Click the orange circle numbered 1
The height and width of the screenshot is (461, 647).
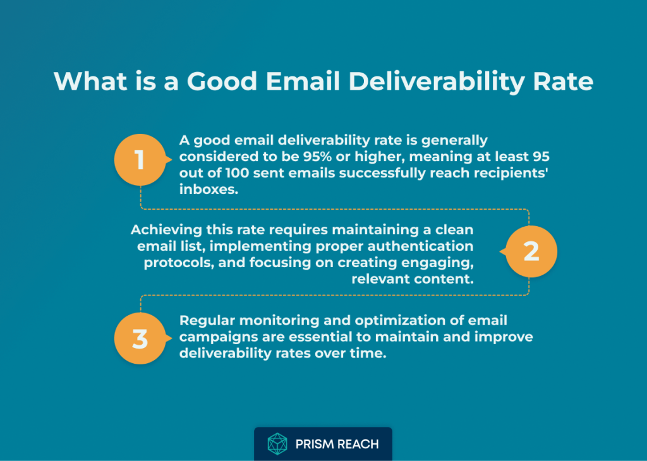click(140, 160)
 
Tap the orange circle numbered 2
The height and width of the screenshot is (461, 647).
click(531, 251)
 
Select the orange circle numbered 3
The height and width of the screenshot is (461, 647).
click(140, 338)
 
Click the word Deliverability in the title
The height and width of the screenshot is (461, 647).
click(437, 81)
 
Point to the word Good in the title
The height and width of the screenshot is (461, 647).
click(222, 81)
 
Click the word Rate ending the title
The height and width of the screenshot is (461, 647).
click(563, 81)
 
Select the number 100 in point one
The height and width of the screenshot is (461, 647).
click(237, 173)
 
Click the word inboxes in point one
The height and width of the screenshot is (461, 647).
click(209, 189)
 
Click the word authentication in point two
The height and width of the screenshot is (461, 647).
click(420, 246)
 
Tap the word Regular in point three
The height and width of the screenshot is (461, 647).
click(207, 321)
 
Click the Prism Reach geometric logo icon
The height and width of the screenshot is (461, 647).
click(277, 444)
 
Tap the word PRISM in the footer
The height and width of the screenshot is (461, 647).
click(315, 444)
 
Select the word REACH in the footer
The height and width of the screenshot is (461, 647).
click(358, 444)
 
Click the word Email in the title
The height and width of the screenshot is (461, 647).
click(303, 81)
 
